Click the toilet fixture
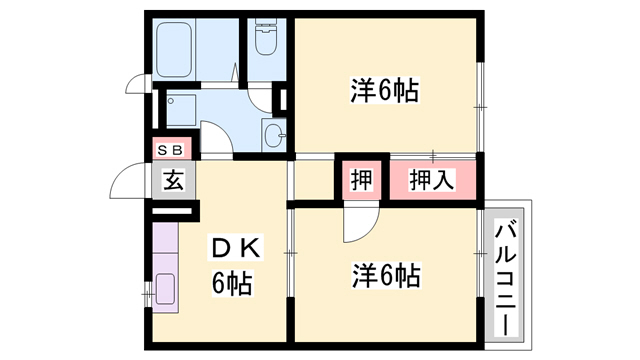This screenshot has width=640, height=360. (x=266, y=37)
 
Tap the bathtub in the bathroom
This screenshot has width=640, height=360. (x=174, y=49)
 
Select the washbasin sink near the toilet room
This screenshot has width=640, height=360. (x=273, y=134)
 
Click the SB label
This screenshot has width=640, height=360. (x=170, y=150)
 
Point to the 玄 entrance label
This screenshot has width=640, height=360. (x=173, y=180)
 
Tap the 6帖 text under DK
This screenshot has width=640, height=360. (x=232, y=283)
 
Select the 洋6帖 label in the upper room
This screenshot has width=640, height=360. (x=384, y=91)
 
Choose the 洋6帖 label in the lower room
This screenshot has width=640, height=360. (x=386, y=276)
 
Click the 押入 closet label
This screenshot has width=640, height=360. (x=431, y=180)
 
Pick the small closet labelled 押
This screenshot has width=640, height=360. (x=362, y=180)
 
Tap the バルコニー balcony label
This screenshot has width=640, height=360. (x=506, y=278)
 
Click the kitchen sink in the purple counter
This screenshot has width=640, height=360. (x=165, y=289)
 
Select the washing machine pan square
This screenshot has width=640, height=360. (x=181, y=111)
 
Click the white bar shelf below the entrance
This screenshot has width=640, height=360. (x=171, y=211)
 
